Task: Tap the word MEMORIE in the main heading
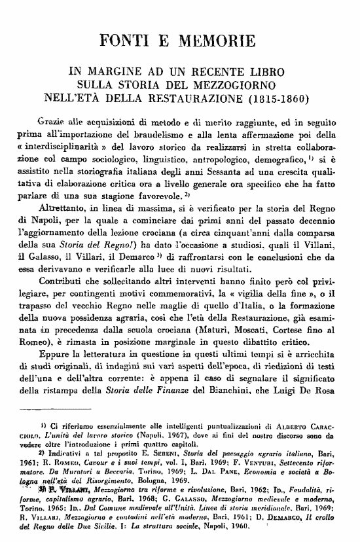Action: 217,43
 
